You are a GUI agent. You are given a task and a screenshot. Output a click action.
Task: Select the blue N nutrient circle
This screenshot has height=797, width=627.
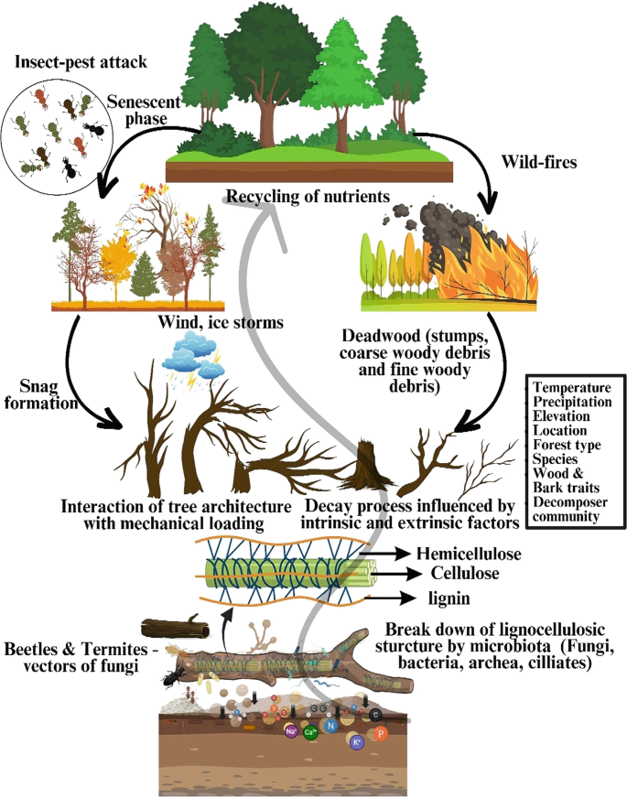[332, 723]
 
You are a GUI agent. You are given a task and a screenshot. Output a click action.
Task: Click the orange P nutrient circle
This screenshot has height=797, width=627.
[382, 733]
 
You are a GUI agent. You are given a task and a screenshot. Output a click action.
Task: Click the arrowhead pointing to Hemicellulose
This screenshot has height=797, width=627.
[402, 554]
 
